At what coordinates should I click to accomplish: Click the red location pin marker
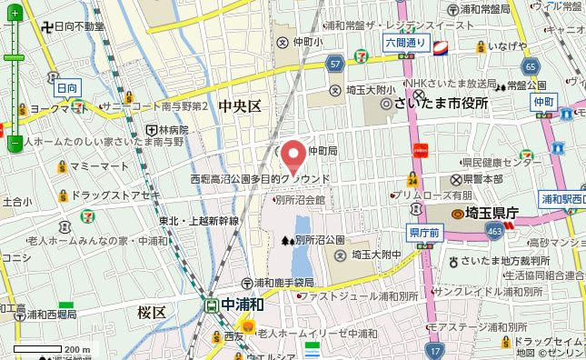pyautogui.click(x=293, y=155)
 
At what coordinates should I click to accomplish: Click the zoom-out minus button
pyautogui.click(x=15, y=143)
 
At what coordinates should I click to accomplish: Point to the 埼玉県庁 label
pyautogui.click(x=487, y=213)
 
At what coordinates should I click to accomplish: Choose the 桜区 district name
pyautogui.click(x=152, y=312)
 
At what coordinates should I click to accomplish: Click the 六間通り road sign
pyautogui.click(x=405, y=42)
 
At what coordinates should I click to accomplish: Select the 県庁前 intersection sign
pyautogui.click(x=424, y=234)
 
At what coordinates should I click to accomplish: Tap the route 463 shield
pyautogui.click(x=493, y=232)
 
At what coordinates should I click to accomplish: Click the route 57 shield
pyautogui.click(x=335, y=64)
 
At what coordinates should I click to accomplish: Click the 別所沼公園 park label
pyautogui.click(x=319, y=240)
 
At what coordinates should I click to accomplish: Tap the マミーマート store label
pyautogui.click(x=99, y=167)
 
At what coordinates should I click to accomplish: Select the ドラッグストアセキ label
pyautogui.click(x=114, y=195)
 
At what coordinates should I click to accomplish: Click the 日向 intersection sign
pyautogui.click(x=67, y=88)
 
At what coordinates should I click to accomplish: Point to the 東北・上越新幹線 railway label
pyautogui.click(x=198, y=221)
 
